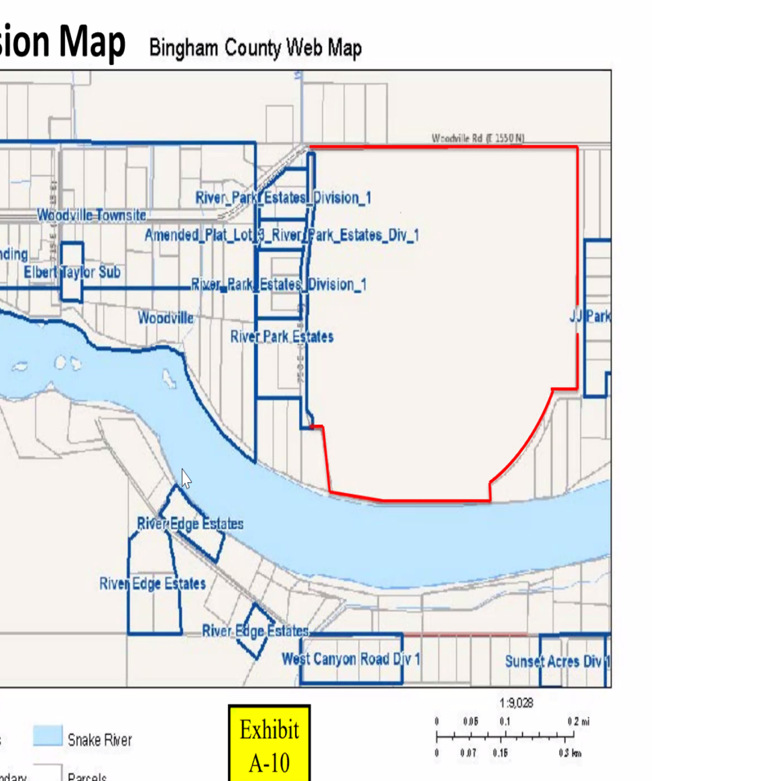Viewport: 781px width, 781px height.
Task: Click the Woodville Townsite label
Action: (91, 215)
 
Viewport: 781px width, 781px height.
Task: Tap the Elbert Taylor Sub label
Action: (72, 272)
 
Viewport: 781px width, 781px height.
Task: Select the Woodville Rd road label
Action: (477, 138)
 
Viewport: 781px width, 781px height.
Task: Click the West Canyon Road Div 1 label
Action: (351, 659)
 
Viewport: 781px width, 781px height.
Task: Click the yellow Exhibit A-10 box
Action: (269, 744)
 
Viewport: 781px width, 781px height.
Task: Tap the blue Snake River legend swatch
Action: (48, 735)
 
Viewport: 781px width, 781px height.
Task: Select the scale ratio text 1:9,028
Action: (516, 703)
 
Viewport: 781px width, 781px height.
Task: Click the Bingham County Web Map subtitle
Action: (255, 48)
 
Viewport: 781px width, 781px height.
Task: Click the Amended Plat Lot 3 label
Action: (282, 235)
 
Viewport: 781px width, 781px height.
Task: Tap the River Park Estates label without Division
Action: (282, 337)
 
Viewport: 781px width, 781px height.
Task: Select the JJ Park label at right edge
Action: (590, 316)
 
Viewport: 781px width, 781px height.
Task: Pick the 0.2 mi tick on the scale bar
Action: (577, 722)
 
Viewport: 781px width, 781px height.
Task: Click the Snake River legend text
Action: (99, 740)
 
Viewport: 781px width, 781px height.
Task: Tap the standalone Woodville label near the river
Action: (166, 318)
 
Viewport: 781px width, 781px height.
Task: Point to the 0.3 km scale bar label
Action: (570, 753)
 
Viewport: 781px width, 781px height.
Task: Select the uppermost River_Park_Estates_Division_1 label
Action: (283, 198)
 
